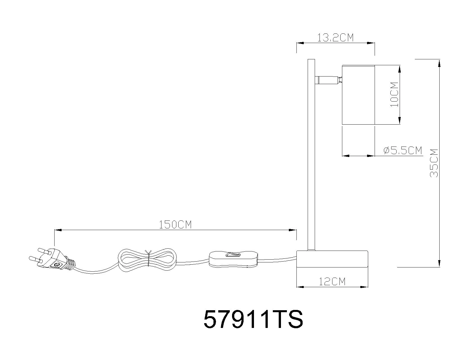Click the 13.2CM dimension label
click(335, 38)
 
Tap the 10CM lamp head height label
click(395, 94)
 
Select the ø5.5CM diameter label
click(403, 150)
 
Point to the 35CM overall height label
click(434, 163)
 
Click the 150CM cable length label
click(175, 225)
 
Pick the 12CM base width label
click(332, 281)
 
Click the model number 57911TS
click(253, 319)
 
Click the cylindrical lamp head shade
click(358, 95)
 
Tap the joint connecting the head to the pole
click(328, 80)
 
